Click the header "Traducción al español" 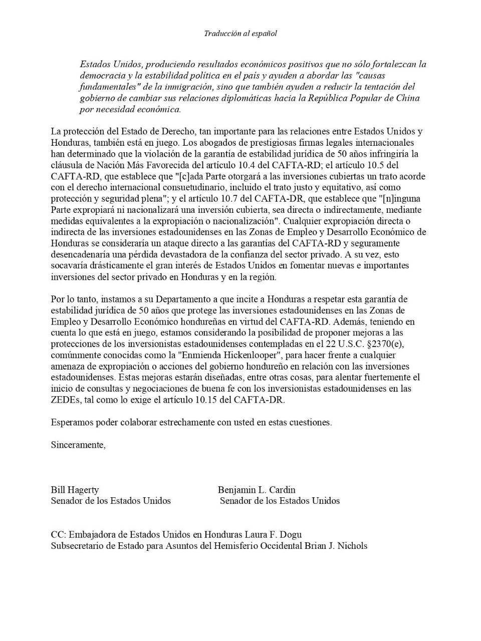click(x=240, y=34)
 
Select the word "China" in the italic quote click(x=407, y=98)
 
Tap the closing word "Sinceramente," click(x=78, y=445)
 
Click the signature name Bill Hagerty click(x=75, y=489)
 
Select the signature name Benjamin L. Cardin click(x=257, y=489)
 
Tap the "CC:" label click(x=58, y=534)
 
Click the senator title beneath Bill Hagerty click(x=111, y=501)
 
